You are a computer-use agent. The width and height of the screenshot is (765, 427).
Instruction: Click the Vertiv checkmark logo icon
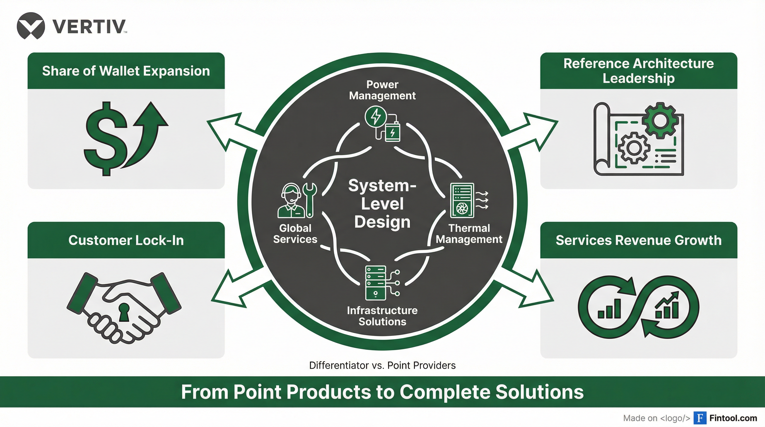[31, 26]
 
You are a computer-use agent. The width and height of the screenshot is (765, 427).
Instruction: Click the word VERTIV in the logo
[89, 26]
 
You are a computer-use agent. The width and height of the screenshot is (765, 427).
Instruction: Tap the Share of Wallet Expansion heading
[126, 71]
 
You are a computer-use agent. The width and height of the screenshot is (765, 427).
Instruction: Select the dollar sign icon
[105, 139]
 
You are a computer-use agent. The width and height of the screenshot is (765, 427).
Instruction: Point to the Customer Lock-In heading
[126, 240]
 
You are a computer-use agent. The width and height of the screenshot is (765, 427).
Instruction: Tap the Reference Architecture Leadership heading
[639, 71]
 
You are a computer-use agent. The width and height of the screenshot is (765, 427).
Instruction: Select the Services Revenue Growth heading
[639, 240]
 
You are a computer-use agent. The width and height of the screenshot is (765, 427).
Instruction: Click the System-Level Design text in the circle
[382, 204]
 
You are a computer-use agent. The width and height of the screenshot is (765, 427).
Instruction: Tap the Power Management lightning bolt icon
[376, 116]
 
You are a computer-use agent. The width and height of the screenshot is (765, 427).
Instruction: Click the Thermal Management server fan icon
[462, 200]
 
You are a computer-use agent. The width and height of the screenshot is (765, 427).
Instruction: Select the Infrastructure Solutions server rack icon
[376, 282]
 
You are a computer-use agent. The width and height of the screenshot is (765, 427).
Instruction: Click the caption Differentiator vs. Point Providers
[382, 365]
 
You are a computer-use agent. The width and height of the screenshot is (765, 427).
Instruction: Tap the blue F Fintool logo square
[700, 418]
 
